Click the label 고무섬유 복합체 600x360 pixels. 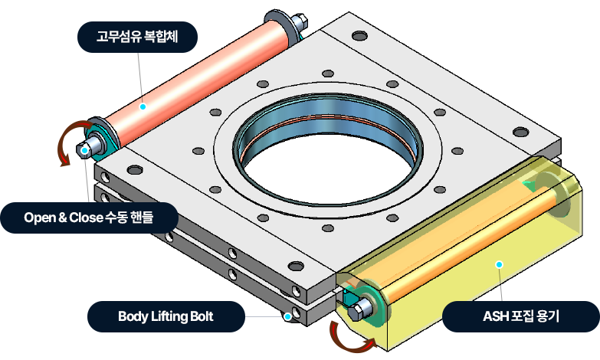coord(138,35)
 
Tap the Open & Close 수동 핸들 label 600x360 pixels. coord(89,217)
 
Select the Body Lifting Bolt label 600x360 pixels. coord(166,316)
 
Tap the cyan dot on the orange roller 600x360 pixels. coord(143,107)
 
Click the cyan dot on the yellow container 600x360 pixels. coord(499,264)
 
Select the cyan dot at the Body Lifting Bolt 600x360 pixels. coord(287,316)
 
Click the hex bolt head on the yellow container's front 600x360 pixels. coord(360,309)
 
